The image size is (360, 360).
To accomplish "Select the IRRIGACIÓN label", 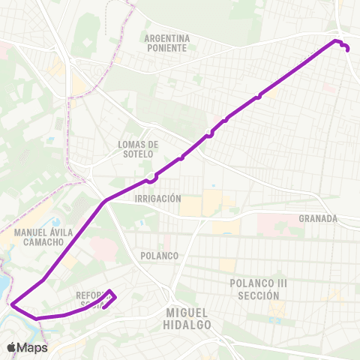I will coord(157,199).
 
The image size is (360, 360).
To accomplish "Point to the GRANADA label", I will coord(318,219).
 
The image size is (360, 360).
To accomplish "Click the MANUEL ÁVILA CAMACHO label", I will coord(43,237).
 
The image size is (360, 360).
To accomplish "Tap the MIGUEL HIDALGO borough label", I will coord(187,318).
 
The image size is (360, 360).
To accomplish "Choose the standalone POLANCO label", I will coord(159,256).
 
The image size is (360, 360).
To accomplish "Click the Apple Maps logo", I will coord(27,347).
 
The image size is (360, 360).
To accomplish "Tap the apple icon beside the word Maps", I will coord(12,347).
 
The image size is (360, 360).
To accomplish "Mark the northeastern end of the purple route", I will coord(347,49).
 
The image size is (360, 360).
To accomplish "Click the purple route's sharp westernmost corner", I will coord(12,304).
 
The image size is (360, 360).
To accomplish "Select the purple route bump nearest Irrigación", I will coord(152,179).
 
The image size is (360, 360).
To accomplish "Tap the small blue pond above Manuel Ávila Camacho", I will coord(54,222).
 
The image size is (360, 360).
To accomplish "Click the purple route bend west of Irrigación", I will coord(105,201).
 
